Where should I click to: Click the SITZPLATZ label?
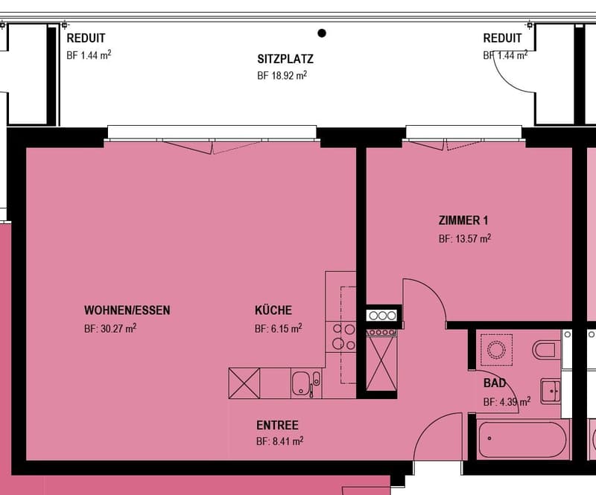click(285, 59)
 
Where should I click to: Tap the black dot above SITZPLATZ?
click(322, 33)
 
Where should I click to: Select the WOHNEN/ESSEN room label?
click(127, 310)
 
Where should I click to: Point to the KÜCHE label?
click(273, 310)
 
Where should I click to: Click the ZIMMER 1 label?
click(463, 220)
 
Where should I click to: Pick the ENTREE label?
click(277, 425)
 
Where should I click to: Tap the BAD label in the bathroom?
click(495, 383)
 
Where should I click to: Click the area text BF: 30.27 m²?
click(110, 328)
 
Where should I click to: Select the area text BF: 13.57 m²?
click(465, 239)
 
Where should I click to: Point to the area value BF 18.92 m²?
click(282, 75)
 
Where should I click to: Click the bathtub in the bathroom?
click(522, 439)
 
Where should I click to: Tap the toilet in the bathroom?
click(546, 350)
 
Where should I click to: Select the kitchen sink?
click(306, 383)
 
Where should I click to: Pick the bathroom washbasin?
click(550, 391)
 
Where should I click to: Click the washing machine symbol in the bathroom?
click(496, 350)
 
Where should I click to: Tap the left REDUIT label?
click(86, 38)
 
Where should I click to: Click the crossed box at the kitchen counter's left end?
click(244, 383)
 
